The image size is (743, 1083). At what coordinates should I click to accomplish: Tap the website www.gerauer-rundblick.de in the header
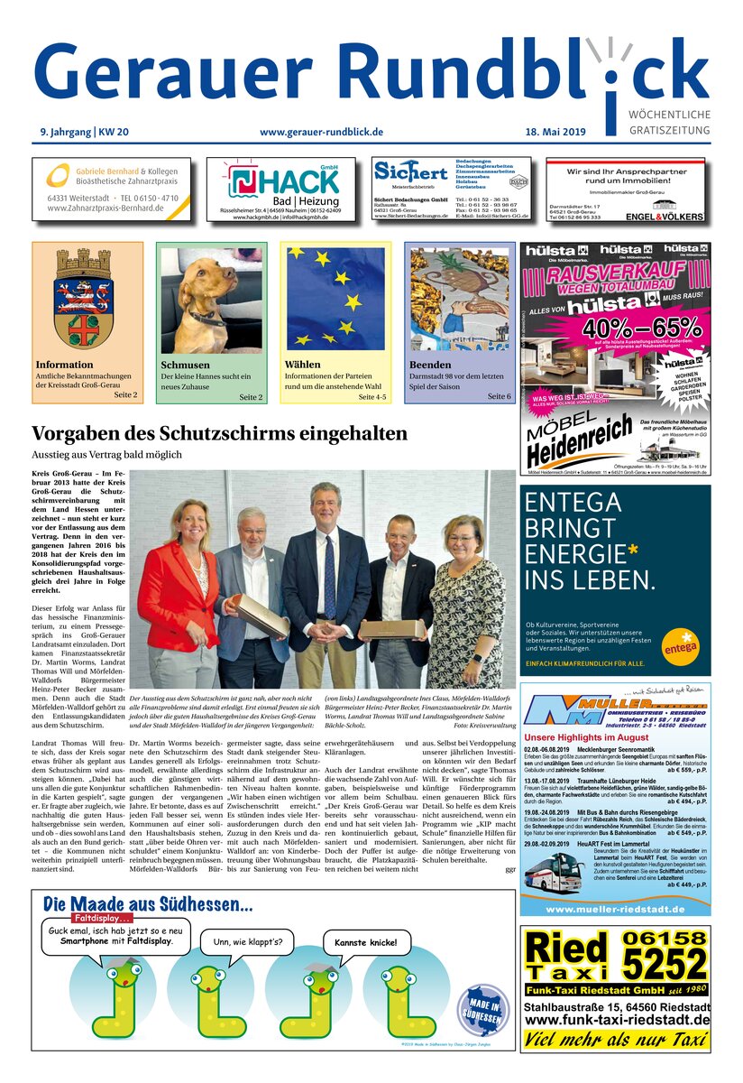point(321,132)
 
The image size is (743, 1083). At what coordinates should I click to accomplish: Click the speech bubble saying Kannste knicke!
point(365,943)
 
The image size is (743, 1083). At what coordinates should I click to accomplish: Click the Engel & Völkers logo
point(669,218)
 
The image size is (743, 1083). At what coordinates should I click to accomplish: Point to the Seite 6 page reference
point(499,396)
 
